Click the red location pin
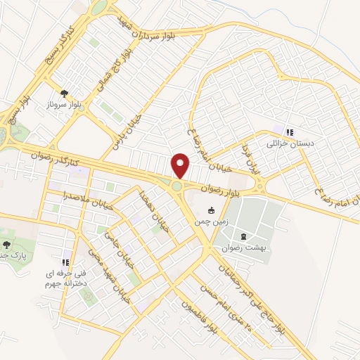pyautogui.click(x=181, y=165)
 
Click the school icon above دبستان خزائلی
pyautogui.click(x=288, y=131)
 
